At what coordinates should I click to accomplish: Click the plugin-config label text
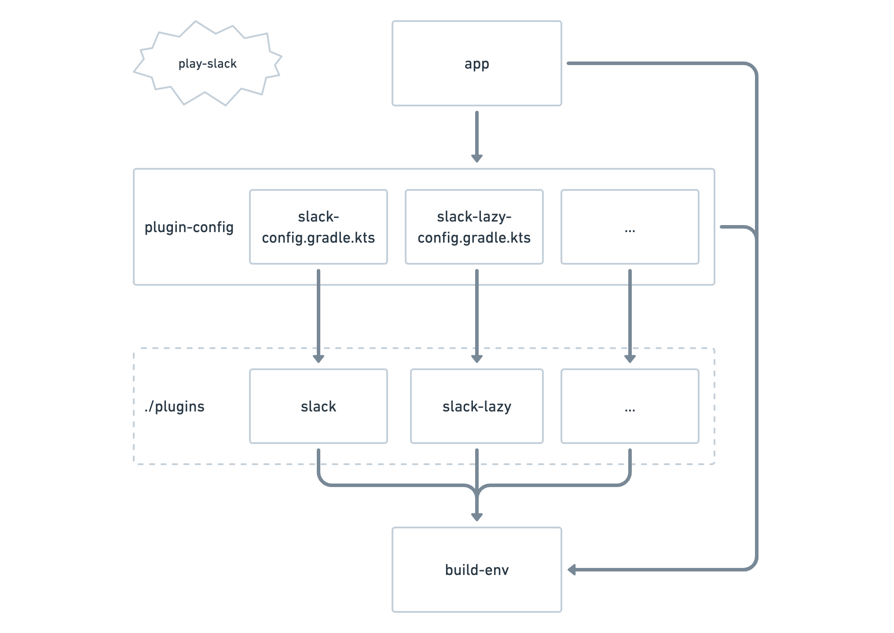click(x=189, y=227)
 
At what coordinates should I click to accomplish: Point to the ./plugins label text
click(x=174, y=406)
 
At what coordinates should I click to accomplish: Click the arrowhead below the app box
click(x=476, y=158)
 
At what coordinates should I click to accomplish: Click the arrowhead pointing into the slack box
click(x=318, y=358)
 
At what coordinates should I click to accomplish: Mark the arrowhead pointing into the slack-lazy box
click(x=476, y=358)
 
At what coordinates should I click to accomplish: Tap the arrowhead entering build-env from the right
click(x=572, y=570)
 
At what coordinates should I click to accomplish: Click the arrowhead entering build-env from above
click(x=476, y=517)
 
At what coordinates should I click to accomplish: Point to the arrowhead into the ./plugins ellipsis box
click(x=630, y=358)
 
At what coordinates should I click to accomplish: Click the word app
click(x=476, y=64)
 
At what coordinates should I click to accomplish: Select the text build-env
click(x=476, y=570)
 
